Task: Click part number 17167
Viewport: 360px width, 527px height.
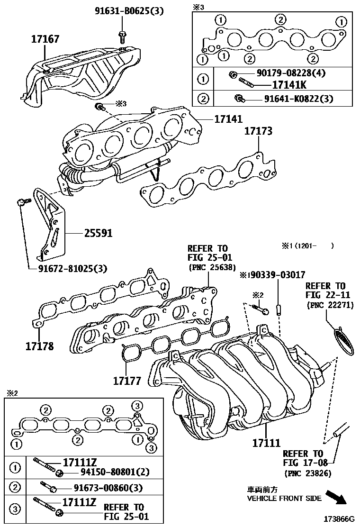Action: (x=45, y=39)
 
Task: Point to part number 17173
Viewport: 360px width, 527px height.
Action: (x=258, y=131)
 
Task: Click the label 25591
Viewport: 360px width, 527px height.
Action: (x=98, y=233)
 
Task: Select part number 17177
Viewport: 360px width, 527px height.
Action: (x=127, y=380)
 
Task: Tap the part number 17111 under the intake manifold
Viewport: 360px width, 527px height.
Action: (x=266, y=444)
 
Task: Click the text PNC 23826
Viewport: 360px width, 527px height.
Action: (x=307, y=473)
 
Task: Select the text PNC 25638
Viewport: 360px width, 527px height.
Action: (x=212, y=267)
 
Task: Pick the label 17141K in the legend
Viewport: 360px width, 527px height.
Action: (x=289, y=85)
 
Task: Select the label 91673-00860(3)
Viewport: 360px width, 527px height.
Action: (x=108, y=488)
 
